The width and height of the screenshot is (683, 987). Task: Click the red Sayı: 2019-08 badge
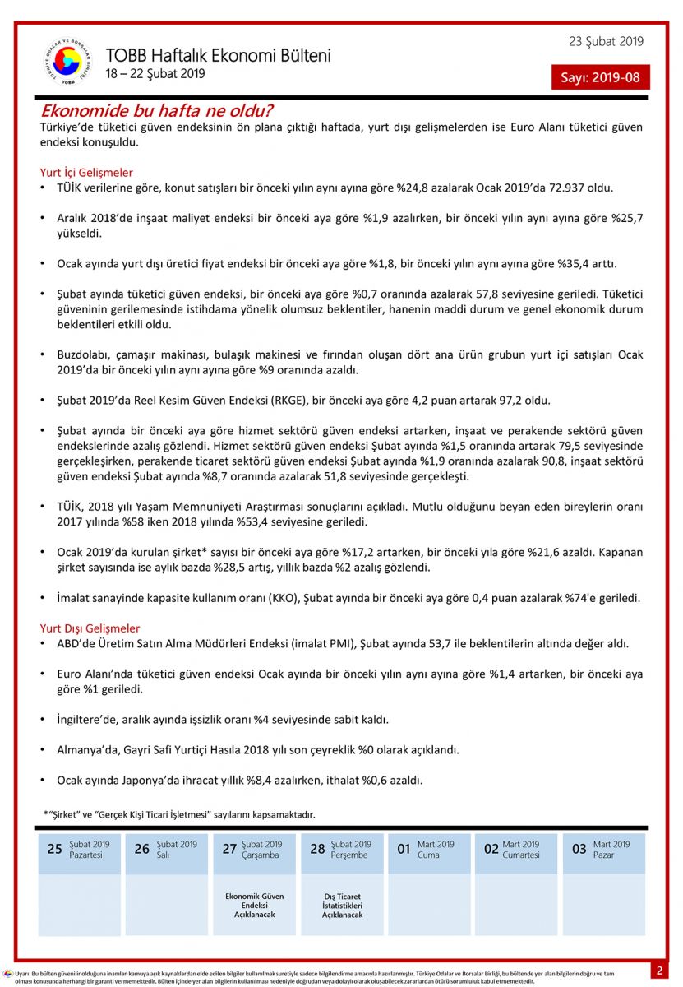coord(600,77)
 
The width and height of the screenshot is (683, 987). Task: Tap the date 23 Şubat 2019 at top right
coord(606,42)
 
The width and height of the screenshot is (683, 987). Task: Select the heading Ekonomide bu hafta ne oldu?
coord(157,110)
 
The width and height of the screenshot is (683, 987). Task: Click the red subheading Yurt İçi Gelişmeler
coord(86,173)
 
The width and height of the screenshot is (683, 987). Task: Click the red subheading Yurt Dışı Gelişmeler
coord(90,628)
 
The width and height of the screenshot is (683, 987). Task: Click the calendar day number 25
coord(54,849)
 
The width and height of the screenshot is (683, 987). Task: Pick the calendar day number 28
coord(317,849)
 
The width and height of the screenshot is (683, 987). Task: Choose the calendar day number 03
coord(579,849)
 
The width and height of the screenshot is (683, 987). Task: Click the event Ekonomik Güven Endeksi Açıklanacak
coord(254,905)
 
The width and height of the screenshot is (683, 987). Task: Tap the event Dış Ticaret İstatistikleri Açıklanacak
coord(342,905)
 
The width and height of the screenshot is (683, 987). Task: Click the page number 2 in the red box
coord(659,971)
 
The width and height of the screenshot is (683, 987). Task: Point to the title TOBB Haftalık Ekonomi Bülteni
coord(218,56)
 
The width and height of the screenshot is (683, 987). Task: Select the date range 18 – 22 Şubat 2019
coord(155,74)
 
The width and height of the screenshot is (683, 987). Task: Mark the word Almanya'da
coord(87,750)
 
